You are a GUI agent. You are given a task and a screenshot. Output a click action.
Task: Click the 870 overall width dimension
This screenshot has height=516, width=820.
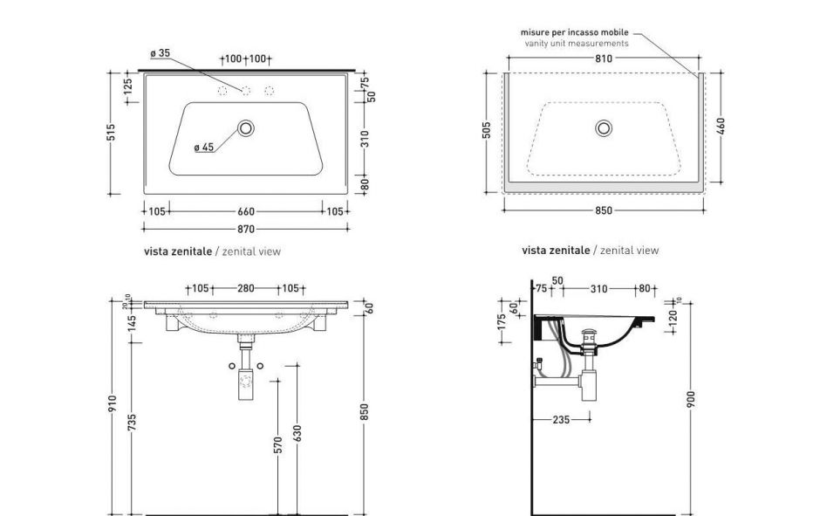pos(245,230)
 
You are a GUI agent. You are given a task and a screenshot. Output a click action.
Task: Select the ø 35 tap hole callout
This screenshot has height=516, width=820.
pos(159,53)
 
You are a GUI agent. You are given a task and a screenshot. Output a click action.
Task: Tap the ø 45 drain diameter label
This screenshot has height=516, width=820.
pos(203,147)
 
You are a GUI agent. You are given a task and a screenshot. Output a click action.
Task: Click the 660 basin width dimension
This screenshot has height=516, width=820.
pos(245,210)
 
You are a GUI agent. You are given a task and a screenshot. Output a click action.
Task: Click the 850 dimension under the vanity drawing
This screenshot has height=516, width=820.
pos(604,210)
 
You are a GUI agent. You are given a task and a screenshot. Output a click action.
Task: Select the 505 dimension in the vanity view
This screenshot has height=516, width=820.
pos(487,130)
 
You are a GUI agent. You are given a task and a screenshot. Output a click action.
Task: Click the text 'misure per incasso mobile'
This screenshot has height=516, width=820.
pos(574,32)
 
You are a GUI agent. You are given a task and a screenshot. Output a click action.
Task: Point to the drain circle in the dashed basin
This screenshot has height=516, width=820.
pos(604,128)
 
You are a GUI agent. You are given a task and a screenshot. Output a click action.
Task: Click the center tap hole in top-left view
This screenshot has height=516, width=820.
pos(246,90)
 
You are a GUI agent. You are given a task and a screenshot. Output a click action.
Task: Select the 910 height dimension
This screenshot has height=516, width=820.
pos(112,405)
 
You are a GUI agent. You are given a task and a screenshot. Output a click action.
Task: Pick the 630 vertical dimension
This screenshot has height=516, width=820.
pos(297,434)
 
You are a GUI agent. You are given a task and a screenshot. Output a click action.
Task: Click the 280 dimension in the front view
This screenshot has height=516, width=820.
pos(245,288)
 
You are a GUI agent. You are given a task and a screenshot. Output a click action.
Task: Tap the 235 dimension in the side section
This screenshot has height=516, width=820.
pos(561,420)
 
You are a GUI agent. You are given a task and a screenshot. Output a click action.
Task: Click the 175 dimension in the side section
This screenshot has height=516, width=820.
pos(502,322)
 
